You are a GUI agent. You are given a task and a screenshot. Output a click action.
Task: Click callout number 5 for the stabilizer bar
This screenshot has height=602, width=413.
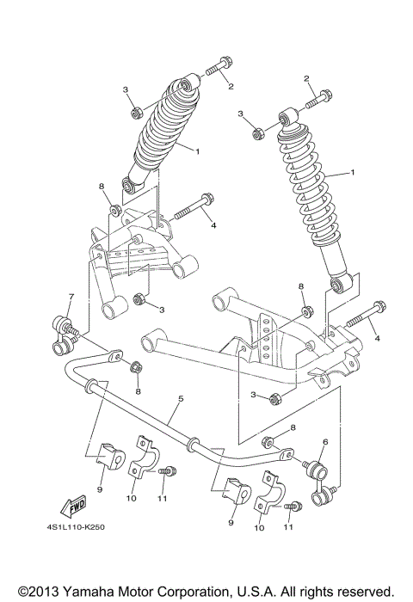181,398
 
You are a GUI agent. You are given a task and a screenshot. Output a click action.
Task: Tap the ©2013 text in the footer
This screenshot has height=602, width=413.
34,592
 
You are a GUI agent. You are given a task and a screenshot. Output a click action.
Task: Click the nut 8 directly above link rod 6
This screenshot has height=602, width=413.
268,443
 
